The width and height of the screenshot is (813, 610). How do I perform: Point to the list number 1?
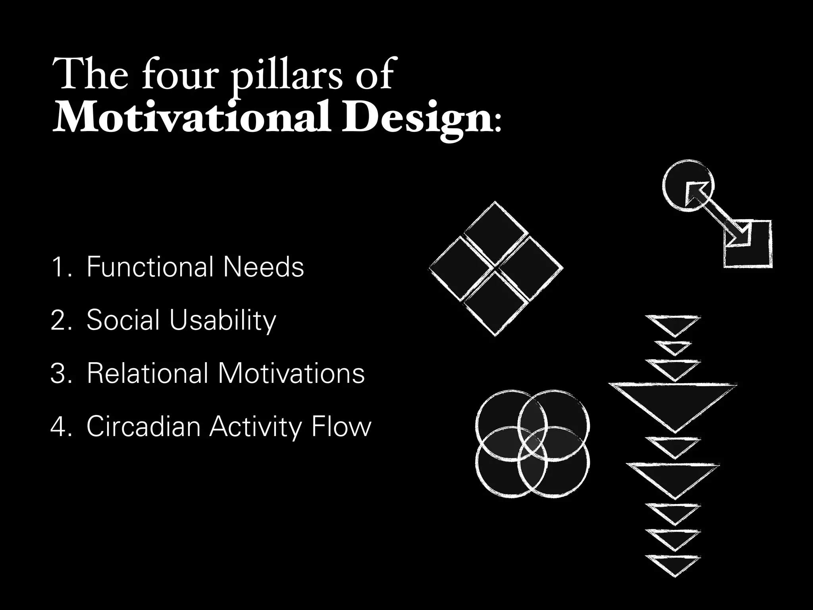click(60, 267)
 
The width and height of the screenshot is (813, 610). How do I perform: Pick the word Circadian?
click(143, 427)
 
